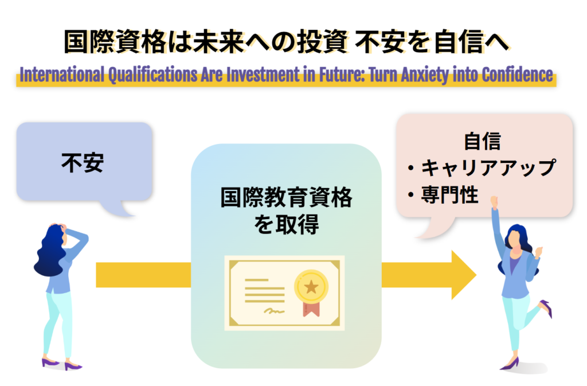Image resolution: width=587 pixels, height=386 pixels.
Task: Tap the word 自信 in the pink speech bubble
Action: coord(482,141)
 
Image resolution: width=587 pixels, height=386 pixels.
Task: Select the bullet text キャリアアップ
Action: coord(488,167)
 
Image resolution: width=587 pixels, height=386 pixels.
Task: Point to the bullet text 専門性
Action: coord(449,194)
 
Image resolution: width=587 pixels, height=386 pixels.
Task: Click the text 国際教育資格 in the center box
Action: coord(287,197)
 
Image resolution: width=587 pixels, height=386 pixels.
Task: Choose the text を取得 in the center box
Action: coord(287,224)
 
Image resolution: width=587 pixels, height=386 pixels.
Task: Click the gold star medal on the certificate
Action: coord(311,287)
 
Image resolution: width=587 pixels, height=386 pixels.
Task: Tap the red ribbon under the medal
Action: coord(311,309)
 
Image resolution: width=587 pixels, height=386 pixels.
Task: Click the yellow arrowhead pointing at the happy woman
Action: coord(463,275)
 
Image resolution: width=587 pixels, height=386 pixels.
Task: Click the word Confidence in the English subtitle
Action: coord(518,75)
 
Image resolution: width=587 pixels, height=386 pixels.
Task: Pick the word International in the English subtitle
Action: coord(62,75)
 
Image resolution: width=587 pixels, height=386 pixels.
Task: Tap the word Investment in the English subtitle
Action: coord(263,75)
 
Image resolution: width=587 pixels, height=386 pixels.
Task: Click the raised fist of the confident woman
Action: coord(494,201)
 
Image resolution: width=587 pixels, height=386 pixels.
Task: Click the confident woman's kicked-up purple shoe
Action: coord(546,308)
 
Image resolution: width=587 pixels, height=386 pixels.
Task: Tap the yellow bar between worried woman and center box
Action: coord(143,275)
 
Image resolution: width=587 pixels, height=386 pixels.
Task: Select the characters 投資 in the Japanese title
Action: coord(323,41)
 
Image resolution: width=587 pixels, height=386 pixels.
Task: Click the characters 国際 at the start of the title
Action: coord(89,41)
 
